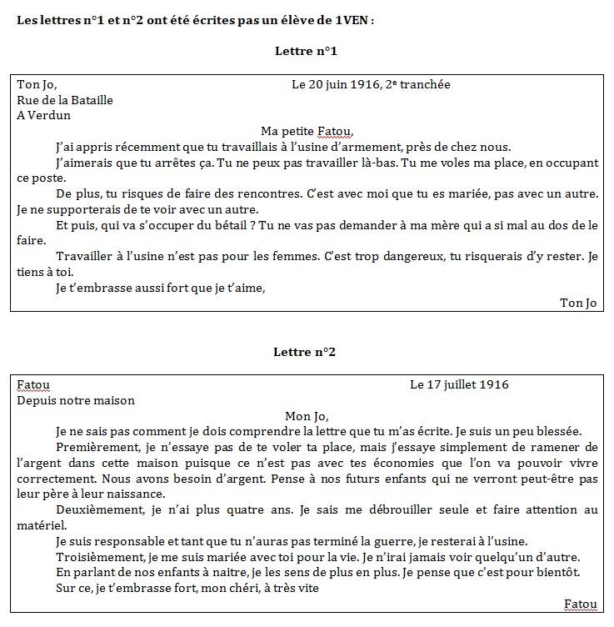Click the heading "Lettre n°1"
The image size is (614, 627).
pos(306,52)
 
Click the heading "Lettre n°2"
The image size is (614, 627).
pos(306,352)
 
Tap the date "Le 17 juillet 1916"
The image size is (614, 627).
pos(459,384)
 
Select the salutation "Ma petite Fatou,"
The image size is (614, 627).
pos(307,131)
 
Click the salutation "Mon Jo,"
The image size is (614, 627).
pos(307,415)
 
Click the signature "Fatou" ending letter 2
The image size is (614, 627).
pos(581,603)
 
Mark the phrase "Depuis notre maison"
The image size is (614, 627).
pos(76,400)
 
